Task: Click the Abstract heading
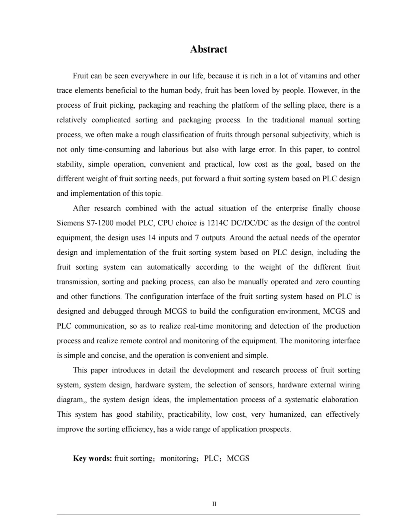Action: tap(209, 49)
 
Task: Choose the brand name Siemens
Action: tap(70, 223)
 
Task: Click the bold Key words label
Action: tap(92, 458)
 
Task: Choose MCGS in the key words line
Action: tap(238, 458)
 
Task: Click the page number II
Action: tap(214, 504)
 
